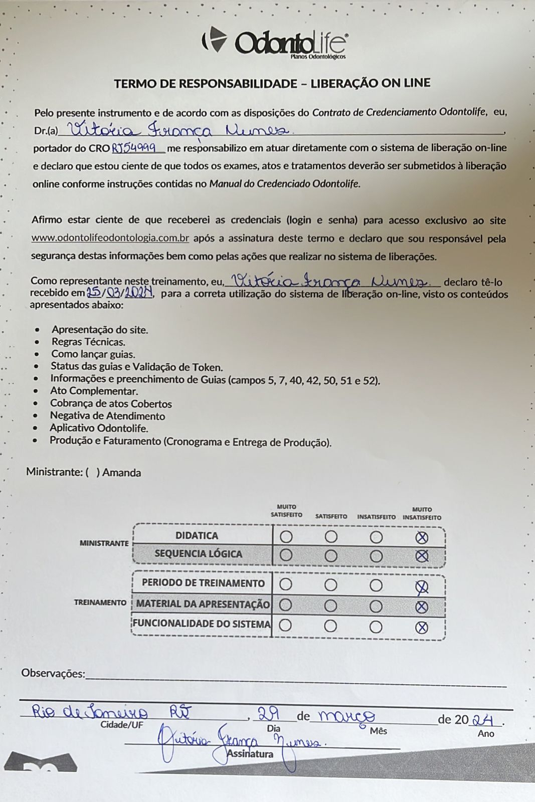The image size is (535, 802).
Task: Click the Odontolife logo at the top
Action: tap(275, 43)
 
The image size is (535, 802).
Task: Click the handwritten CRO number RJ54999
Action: tap(137, 148)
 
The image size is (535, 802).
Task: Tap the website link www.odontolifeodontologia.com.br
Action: tap(110, 238)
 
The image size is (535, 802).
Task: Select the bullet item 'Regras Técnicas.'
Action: tap(88, 342)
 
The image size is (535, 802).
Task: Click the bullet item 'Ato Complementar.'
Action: tap(94, 391)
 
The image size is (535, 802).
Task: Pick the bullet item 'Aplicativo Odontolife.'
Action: tap(99, 429)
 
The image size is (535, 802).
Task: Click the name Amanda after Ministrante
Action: tap(121, 473)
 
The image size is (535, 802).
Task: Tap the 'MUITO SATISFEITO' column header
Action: tap(286, 511)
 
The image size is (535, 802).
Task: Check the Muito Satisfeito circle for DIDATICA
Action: tap(286, 537)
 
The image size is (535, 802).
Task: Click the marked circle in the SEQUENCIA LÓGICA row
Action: tap(422, 556)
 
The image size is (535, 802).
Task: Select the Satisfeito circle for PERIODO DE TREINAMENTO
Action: tap(331, 584)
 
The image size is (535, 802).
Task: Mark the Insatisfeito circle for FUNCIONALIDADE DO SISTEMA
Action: tap(376, 627)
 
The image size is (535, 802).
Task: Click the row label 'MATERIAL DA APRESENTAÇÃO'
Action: tap(203, 605)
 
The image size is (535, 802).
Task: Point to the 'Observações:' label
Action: tap(53, 674)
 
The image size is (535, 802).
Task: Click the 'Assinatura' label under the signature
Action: tap(250, 754)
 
